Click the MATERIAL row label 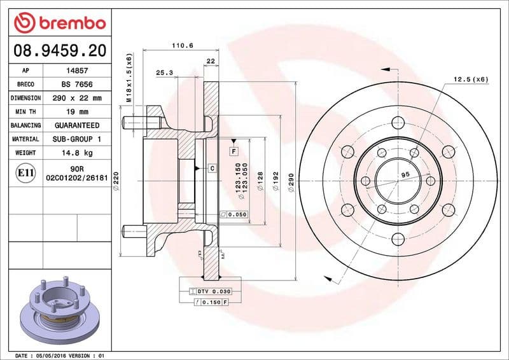point(25,139)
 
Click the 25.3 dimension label point(165,73)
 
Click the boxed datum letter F point(234,151)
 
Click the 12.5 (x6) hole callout point(471,80)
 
